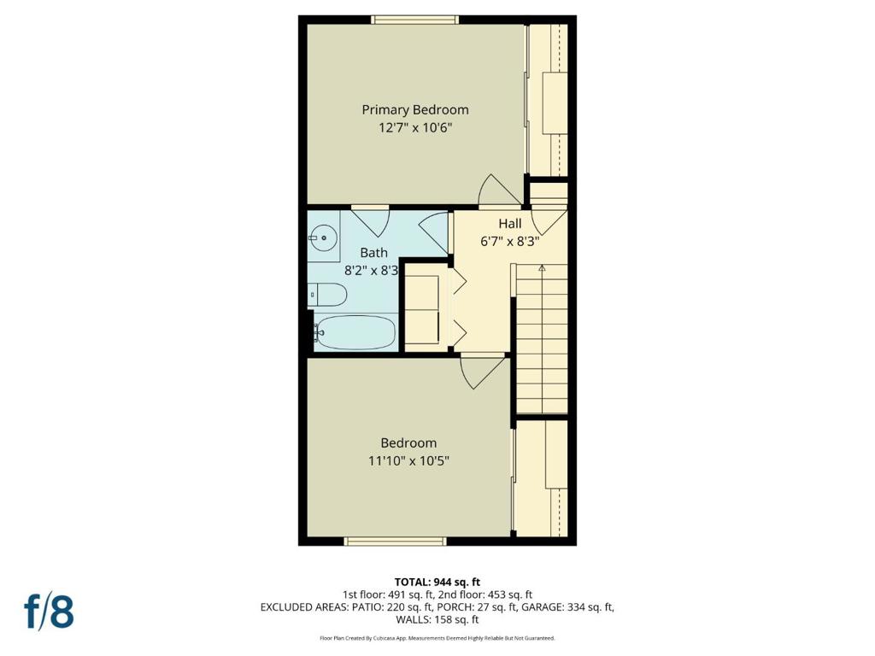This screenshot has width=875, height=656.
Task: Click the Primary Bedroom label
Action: coord(414,109)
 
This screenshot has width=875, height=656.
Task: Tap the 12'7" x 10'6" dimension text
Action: coord(414,128)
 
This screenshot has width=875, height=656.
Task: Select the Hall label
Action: coord(510,224)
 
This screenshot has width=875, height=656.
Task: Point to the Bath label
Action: coord(373,253)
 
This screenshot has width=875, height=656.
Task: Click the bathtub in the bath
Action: coord(355,331)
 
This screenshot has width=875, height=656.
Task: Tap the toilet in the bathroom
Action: coord(328,295)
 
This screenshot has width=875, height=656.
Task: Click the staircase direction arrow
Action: coord(542,268)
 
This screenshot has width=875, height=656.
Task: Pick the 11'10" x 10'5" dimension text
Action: coord(408,461)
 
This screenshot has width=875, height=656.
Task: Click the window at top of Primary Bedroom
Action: coord(414,20)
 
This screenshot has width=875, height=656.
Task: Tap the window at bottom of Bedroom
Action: coord(395,541)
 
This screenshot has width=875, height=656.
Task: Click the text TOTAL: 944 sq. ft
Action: coord(437,582)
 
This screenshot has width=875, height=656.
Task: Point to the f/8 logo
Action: coord(49,612)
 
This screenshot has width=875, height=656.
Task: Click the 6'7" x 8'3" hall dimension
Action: coord(510,241)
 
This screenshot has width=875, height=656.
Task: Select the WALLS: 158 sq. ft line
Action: coord(437,620)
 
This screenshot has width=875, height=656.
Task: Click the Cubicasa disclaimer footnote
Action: coord(437,638)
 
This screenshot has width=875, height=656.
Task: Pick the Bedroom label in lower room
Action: coord(408,443)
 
